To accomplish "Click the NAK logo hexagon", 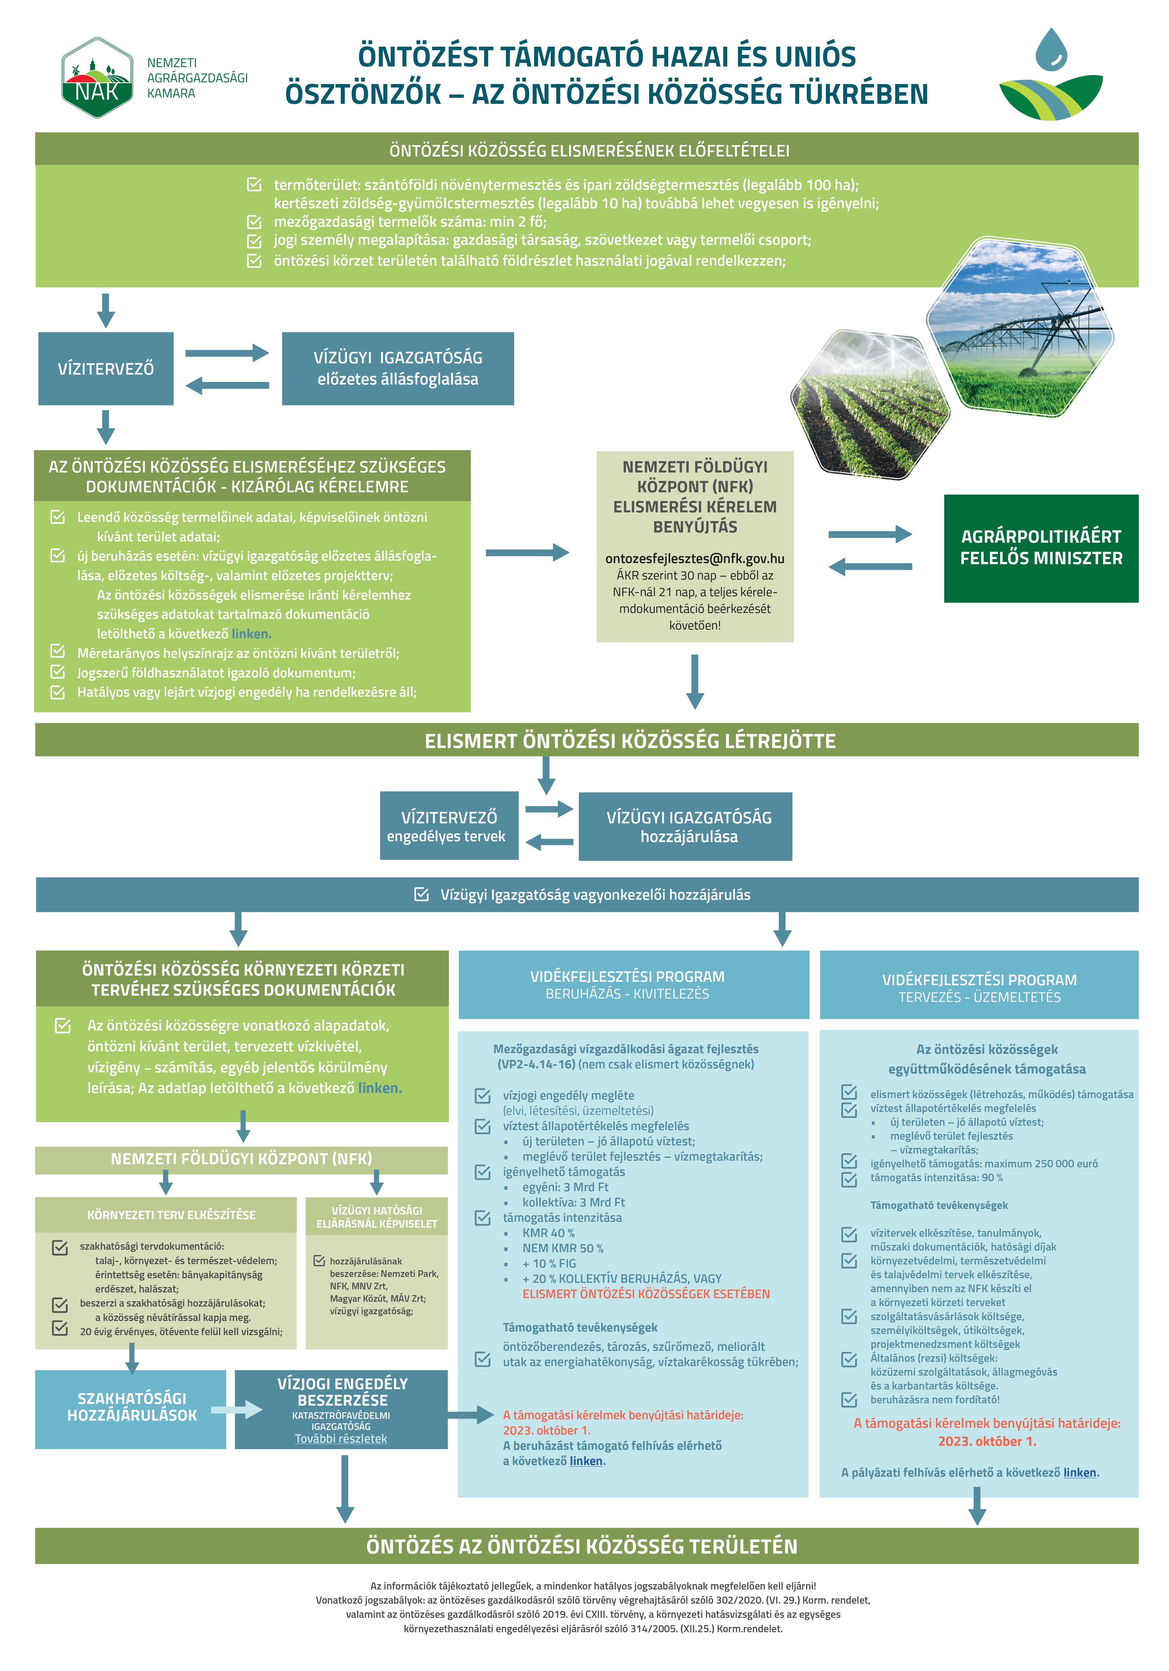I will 97,78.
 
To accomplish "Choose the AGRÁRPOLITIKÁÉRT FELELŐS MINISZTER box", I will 1040,548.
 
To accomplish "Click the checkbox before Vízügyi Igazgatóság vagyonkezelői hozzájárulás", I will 421,894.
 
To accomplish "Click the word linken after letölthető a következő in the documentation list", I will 251,634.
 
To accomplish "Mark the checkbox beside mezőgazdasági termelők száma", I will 254,222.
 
